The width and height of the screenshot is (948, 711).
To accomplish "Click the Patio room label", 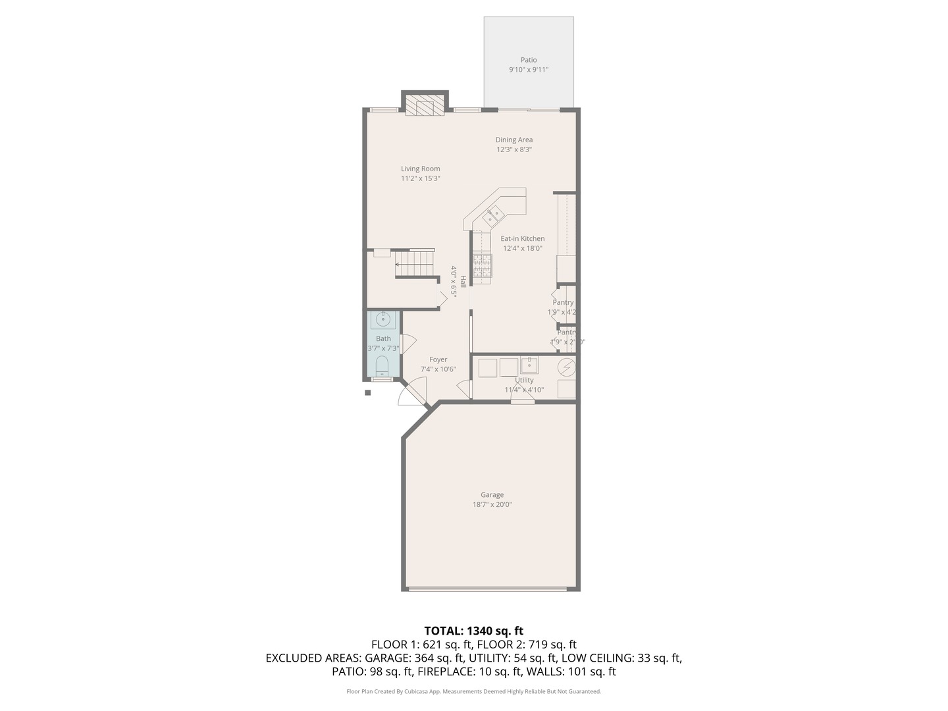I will coord(528,60).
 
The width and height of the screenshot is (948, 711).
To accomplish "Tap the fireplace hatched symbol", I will coord(425,106).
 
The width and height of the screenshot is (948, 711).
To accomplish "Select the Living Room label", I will coord(420,169).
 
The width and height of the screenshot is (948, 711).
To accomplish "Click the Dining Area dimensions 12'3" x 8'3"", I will coord(514,149).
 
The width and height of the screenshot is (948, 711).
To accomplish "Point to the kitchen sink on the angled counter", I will coord(493,214).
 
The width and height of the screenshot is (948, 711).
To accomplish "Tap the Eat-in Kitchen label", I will coord(522,238).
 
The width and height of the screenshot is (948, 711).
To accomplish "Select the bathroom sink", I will coord(382,320).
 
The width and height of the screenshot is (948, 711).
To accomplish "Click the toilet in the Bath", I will coord(382,365).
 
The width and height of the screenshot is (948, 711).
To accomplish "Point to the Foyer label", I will coord(438,359).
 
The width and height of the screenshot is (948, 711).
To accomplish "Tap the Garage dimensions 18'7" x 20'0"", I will coord(492,505).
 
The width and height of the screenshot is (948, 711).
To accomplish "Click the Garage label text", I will coord(492,495).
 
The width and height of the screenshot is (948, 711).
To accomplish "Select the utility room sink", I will coord(529,365).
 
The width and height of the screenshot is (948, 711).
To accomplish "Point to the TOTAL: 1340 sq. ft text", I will coord(473,631).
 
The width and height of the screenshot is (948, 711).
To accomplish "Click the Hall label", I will coord(463,282).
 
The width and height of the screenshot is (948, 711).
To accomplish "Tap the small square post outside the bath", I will coord(368,393).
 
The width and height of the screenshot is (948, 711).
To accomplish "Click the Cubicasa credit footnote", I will coord(473,691).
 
